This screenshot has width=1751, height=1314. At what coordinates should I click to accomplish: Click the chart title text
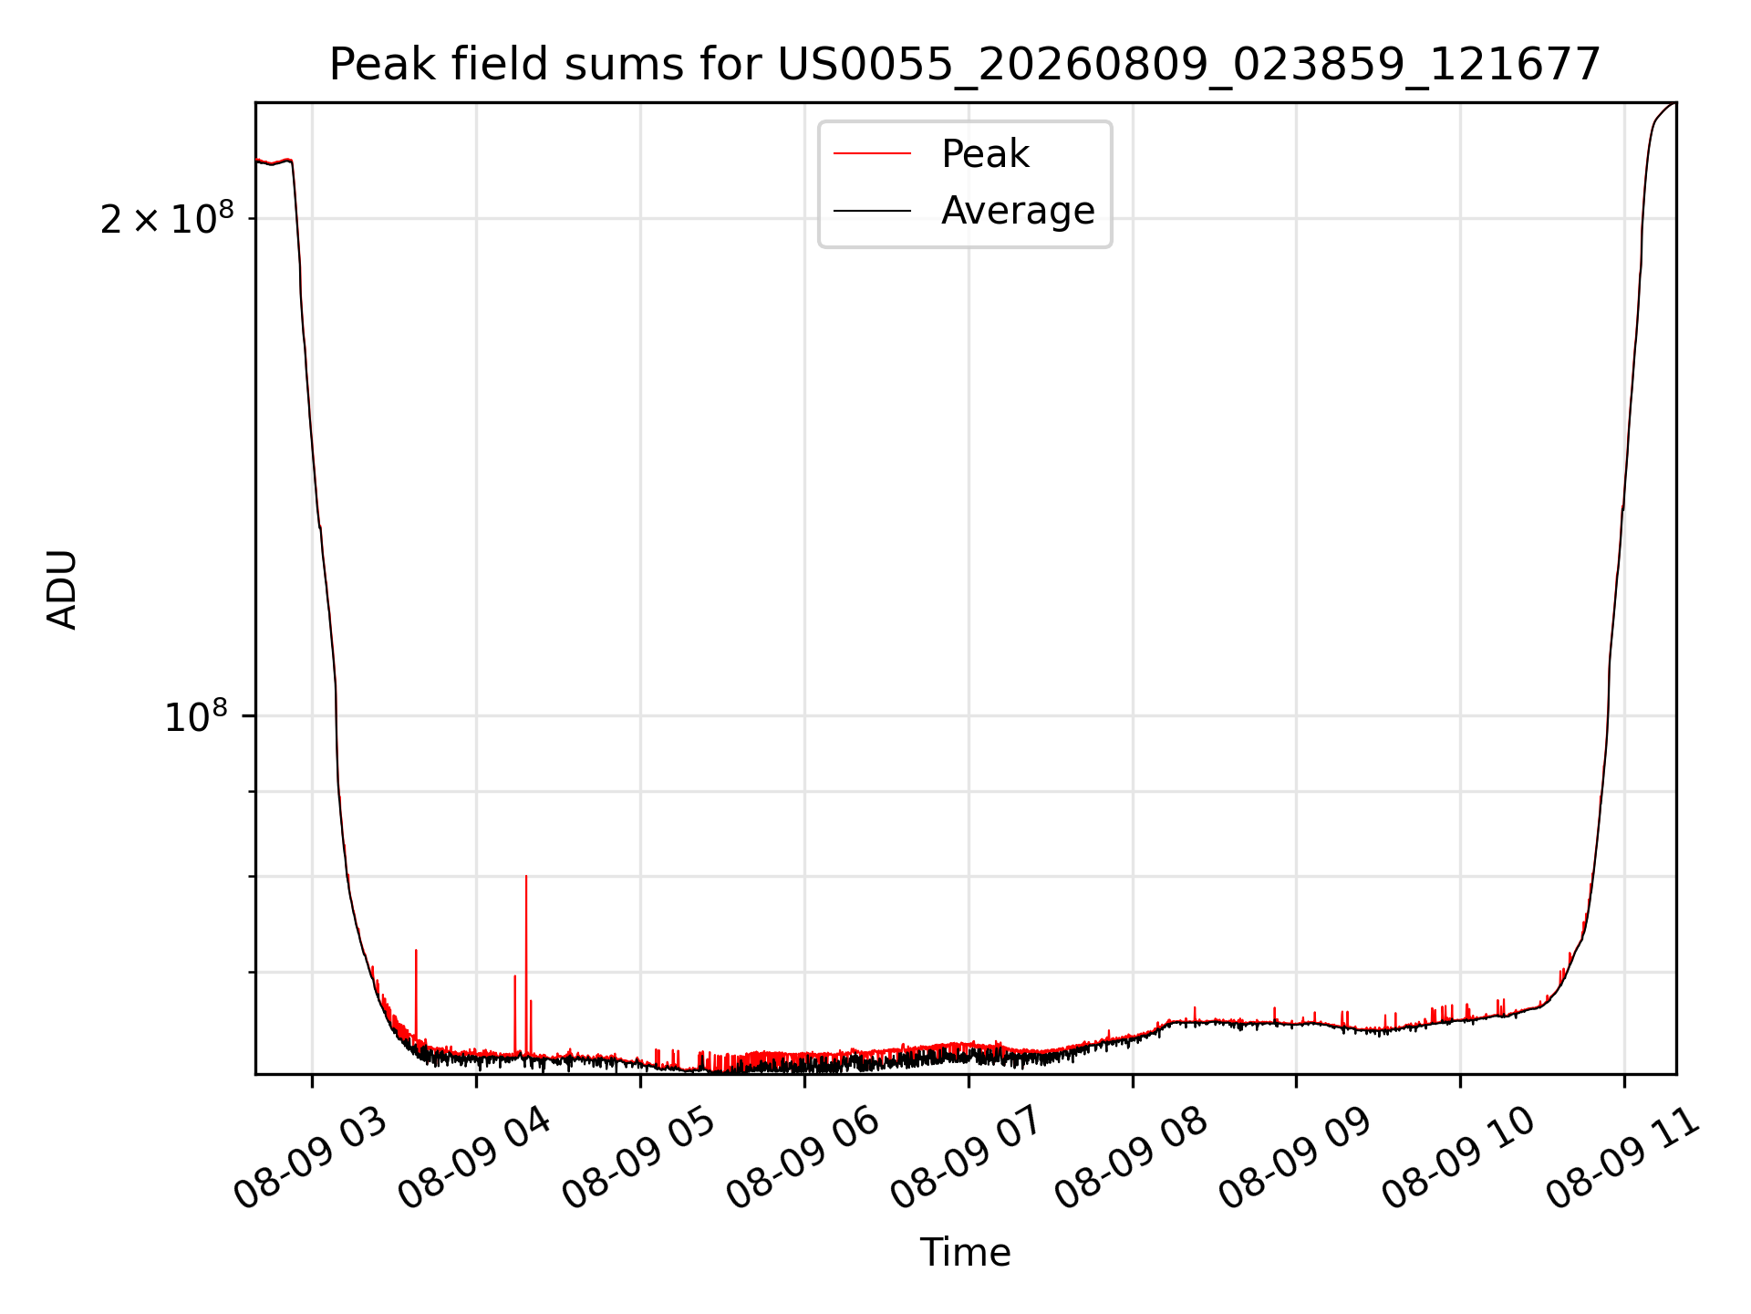click(x=965, y=65)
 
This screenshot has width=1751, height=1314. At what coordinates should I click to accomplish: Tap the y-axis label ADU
click(x=62, y=589)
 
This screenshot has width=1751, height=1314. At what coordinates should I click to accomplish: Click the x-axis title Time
click(x=965, y=1252)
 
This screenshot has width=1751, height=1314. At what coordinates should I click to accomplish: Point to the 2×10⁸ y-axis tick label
click(x=167, y=218)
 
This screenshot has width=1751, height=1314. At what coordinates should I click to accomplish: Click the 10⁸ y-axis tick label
click(x=195, y=716)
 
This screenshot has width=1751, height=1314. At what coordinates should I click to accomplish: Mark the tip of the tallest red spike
click(x=526, y=876)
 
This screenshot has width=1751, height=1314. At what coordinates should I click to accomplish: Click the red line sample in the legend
click(x=872, y=154)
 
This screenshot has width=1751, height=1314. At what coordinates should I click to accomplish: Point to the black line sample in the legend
click(x=872, y=211)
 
